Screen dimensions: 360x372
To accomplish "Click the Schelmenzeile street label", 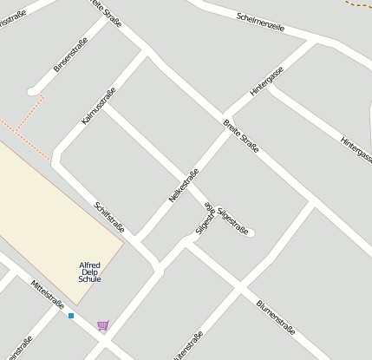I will pyautogui.click(x=260, y=22).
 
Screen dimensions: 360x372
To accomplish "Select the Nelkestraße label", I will pyautogui.click(x=184, y=186).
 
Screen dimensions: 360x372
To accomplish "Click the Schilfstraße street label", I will pyautogui.click(x=110, y=217).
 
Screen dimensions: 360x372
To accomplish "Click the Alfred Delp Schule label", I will pyautogui.click(x=89, y=272).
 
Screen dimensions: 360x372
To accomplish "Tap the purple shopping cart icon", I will pyautogui.click(x=103, y=325).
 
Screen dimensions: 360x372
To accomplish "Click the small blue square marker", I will pyautogui.click(x=71, y=316).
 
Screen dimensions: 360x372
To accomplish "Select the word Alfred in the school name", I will pyautogui.click(x=89, y=265).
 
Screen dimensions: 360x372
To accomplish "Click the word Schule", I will pyautogui.click(x=89, y=279).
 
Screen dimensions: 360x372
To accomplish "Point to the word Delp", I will pyautogui.click(x=89, y=272).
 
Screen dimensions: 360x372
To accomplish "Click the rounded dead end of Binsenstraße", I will pyautogui.click(x=33, y=90).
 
